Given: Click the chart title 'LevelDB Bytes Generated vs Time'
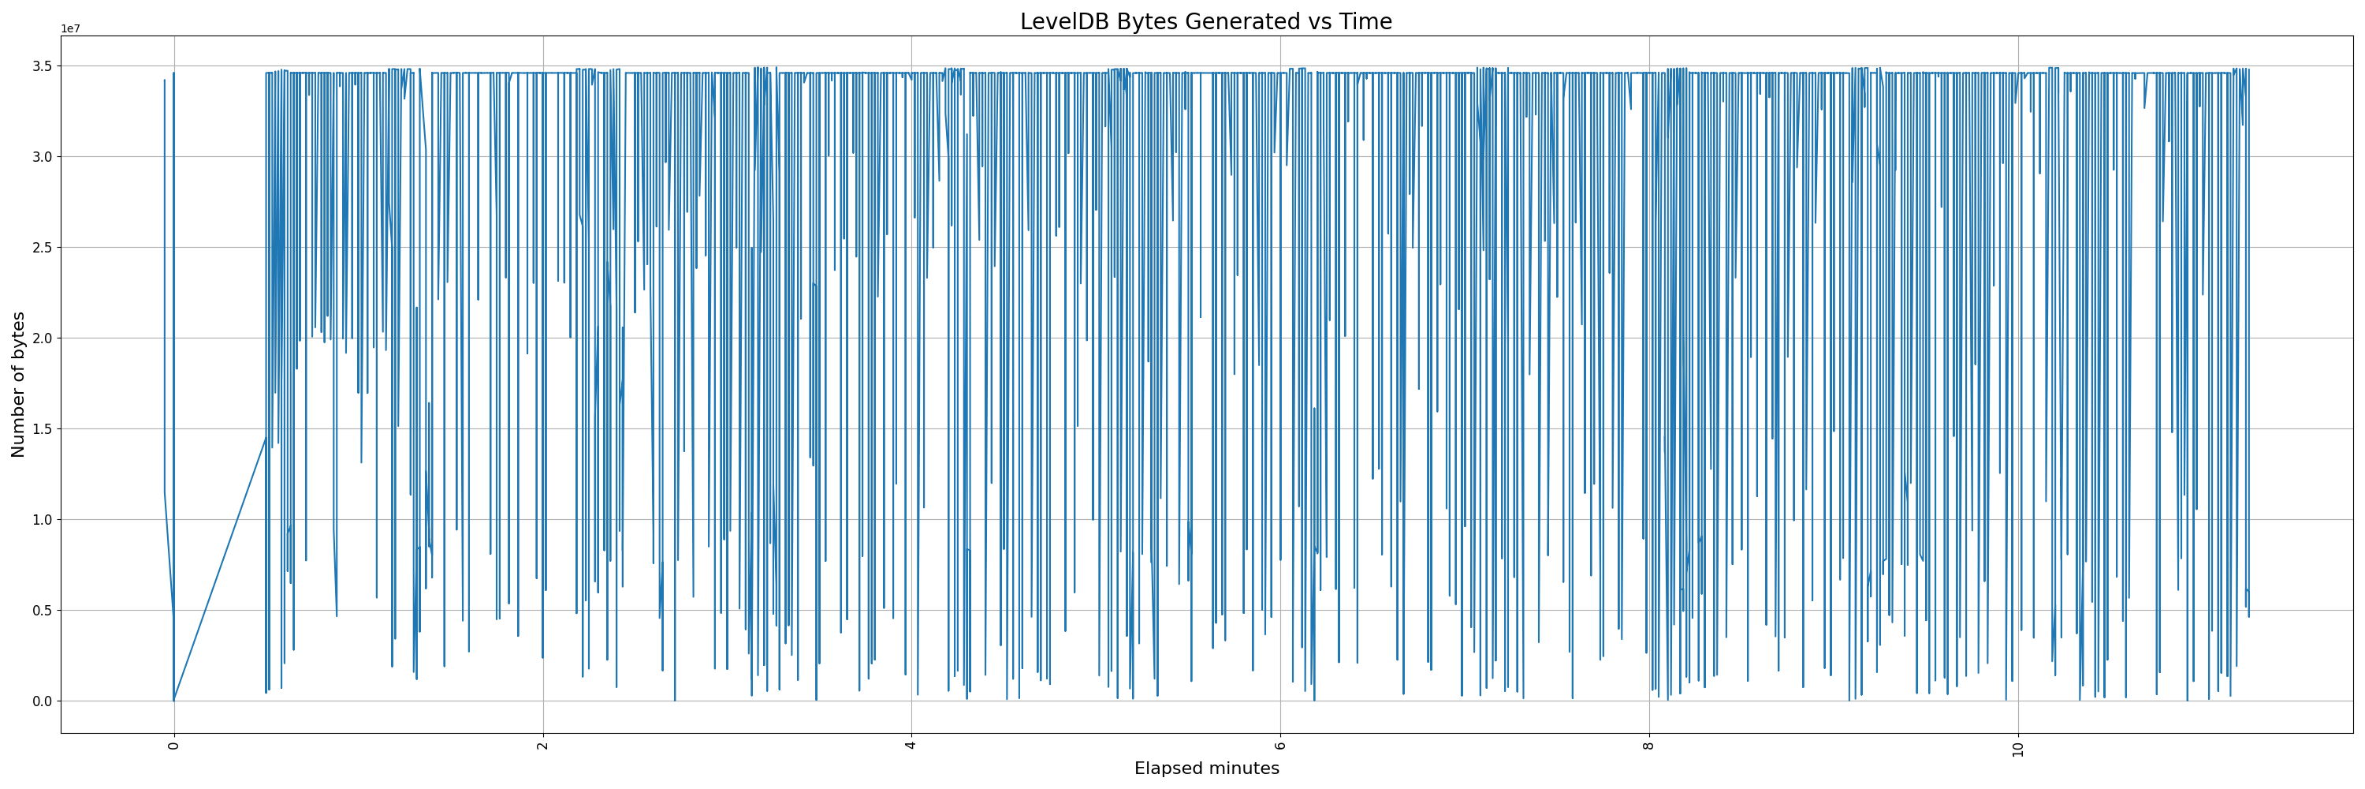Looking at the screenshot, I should [1205, 21].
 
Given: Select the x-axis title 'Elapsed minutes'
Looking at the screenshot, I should [1206, 768].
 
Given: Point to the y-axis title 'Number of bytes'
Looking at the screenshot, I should [18, 384].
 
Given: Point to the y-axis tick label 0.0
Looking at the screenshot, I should [43, 701].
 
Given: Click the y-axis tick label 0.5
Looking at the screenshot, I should [43, 611].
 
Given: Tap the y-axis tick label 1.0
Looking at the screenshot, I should [43, 520].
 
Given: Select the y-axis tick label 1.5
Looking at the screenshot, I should [43, 429].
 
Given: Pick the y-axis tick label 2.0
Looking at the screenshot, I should [43, 338].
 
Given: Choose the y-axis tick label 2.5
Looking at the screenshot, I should [43, 248].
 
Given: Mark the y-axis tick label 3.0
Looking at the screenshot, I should [43, 157].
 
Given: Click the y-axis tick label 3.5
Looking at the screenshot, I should [43, 66].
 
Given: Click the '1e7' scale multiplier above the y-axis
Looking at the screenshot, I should [71, 28].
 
